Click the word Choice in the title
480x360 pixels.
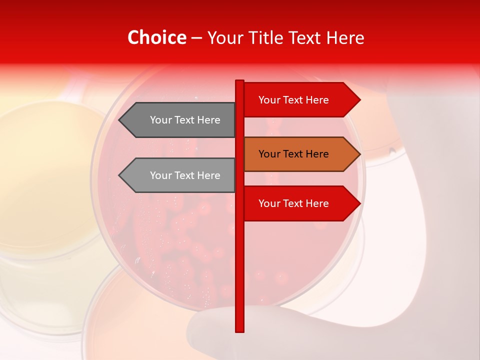(x=156, y=38)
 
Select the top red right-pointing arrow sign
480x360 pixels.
(x=300, y=100)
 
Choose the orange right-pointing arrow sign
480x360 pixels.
(x=300, y=154)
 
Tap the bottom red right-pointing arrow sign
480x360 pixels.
(x=300, y=203)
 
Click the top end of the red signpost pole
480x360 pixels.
(x=239, y=81)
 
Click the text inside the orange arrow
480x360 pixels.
(x=293, y=154)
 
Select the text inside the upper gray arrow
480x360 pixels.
(x=185, y=120)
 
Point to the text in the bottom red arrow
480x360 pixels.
(x=293, y=203)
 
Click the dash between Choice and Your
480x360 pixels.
(x=196, y=38)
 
